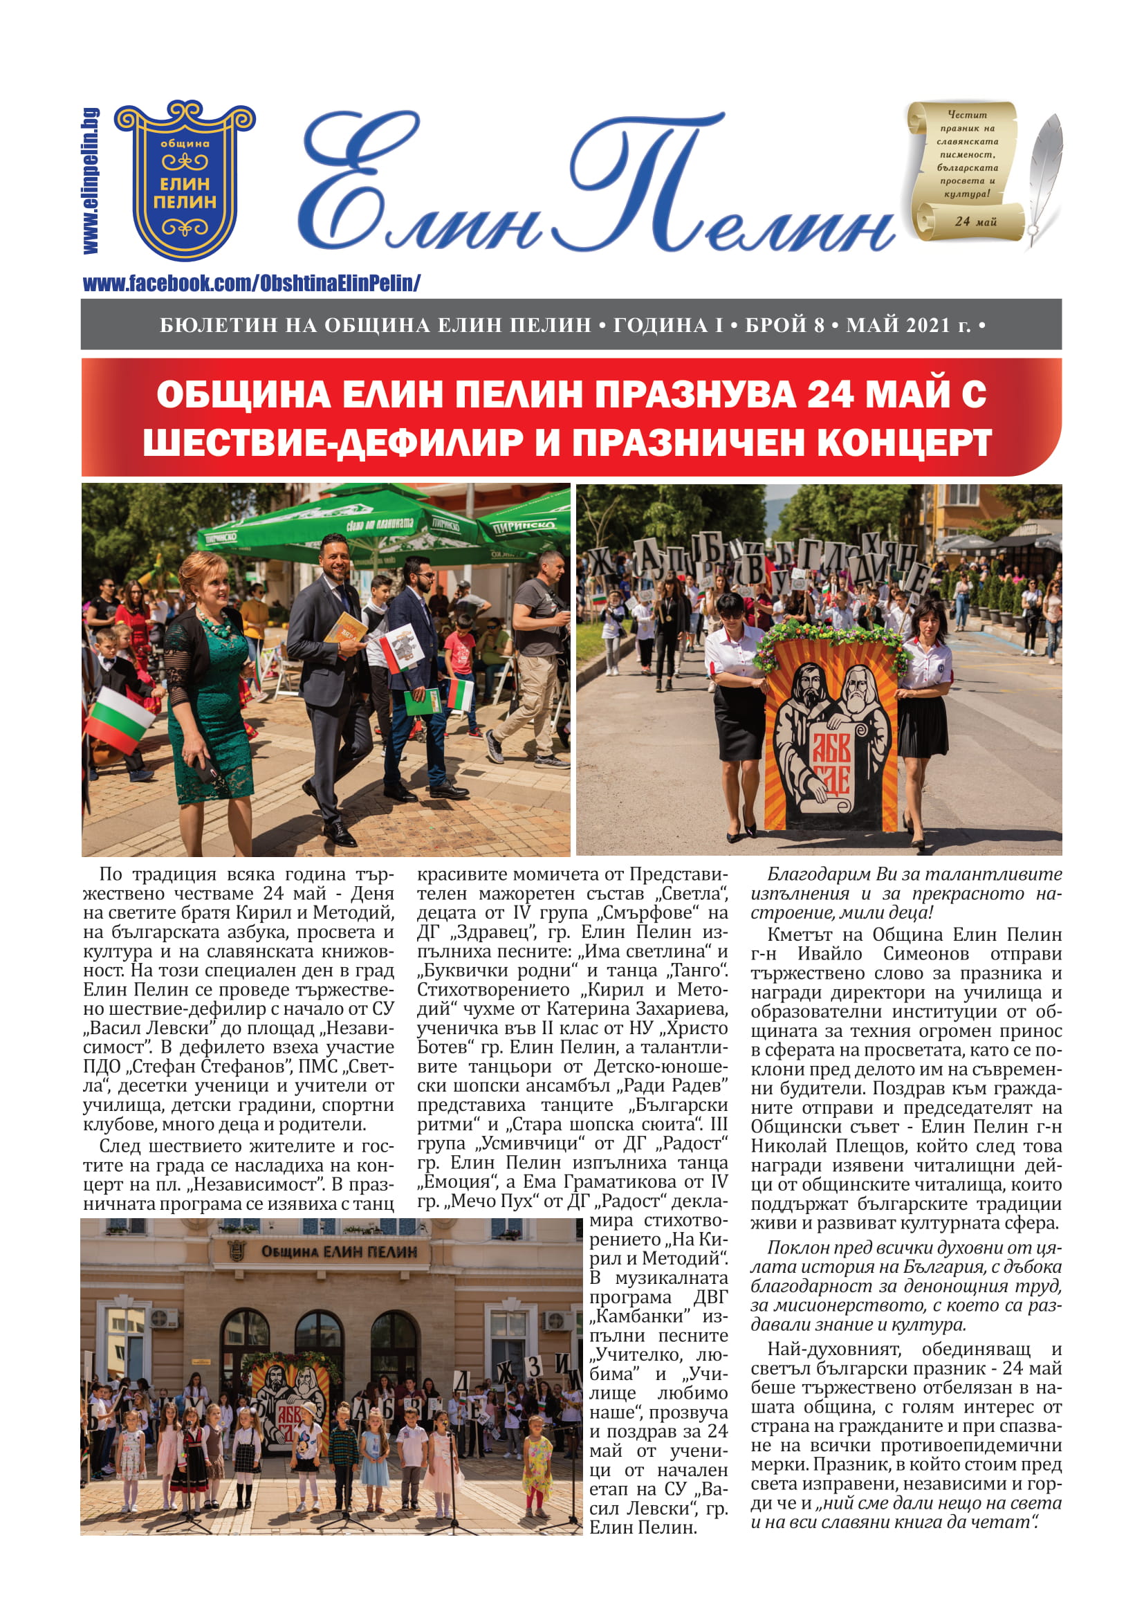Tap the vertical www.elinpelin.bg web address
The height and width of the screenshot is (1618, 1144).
91,181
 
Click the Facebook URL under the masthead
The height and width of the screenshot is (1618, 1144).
252,284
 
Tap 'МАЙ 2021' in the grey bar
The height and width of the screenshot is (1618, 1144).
898,325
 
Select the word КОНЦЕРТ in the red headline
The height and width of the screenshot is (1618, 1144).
904,443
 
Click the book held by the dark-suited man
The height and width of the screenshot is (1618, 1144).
346,627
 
